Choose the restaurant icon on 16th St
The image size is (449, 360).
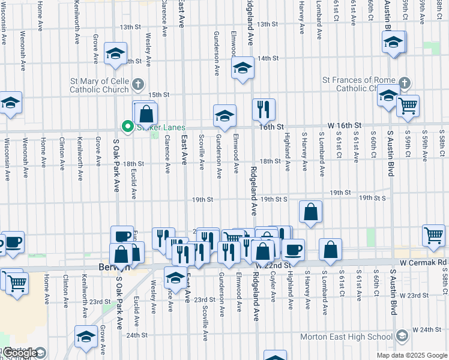pyautogui.click(x=264, y=109)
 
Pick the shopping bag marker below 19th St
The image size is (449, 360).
pyautogui.click(x=310, y=212)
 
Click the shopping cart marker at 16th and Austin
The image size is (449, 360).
pyautogui.click(x=408, y=106)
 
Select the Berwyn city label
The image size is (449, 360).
pyautogui.click(x=110, y=268)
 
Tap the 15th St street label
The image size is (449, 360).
pyautogui.click(x=159, y=95)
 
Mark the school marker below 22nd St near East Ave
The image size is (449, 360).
pyautogui.click(x=175, y=278)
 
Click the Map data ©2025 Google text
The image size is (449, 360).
pyautogui.click(x=411, y=355)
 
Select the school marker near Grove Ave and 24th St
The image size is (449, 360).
pyautogui.click(x=86, y=337)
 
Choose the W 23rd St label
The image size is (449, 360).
pyautogui.click(x=427, y=295)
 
